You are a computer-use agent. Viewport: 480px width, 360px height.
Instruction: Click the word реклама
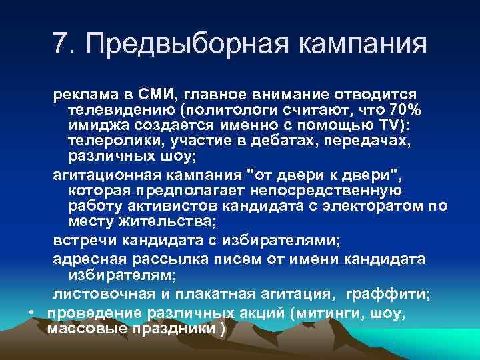tap(82, 95)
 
